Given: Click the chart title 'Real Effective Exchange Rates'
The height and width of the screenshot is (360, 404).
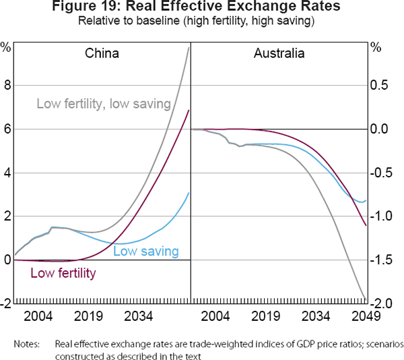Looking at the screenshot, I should (201, 7).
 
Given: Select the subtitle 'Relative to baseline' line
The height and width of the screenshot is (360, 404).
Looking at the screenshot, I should (201, 21).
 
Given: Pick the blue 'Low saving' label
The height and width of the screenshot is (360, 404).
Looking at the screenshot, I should (145, 251).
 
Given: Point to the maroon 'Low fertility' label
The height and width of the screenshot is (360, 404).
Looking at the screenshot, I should (63, 273).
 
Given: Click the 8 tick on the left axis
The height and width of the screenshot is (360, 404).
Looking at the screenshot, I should (7, 86).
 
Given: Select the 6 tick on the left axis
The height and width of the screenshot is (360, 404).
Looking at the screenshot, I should (7, 129).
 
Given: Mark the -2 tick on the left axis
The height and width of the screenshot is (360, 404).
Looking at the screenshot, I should (6, 304).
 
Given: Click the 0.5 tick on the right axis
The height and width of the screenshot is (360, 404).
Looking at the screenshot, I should (382, 86).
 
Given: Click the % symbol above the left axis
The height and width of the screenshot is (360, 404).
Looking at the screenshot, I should (6, 47).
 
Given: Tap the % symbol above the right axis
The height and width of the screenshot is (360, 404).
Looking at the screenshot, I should (376, 47).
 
